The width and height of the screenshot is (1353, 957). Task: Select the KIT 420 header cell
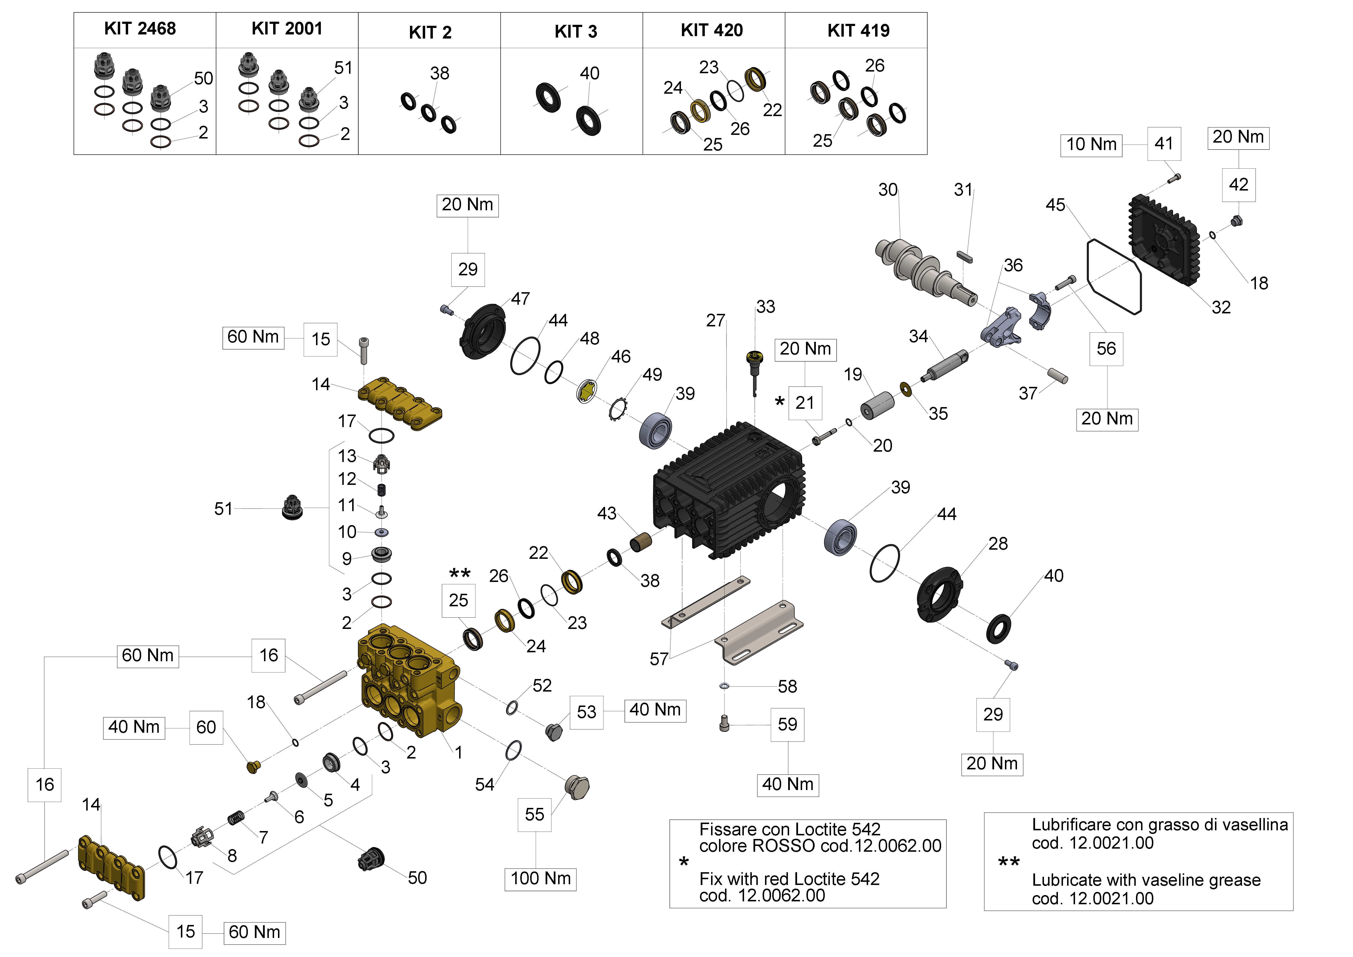(712, 30)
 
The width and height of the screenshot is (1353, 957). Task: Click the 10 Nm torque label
(1091, 144)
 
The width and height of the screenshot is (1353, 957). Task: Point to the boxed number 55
(535, 814)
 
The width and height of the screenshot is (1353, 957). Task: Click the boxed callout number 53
(586, 712)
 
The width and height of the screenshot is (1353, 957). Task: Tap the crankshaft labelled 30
(925, 271)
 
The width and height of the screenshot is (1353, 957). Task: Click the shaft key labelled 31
(965, 256)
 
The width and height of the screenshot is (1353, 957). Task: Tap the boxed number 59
(787, 724)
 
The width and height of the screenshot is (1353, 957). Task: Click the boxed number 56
(1106, 348)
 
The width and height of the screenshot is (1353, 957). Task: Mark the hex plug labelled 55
(576, 787)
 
